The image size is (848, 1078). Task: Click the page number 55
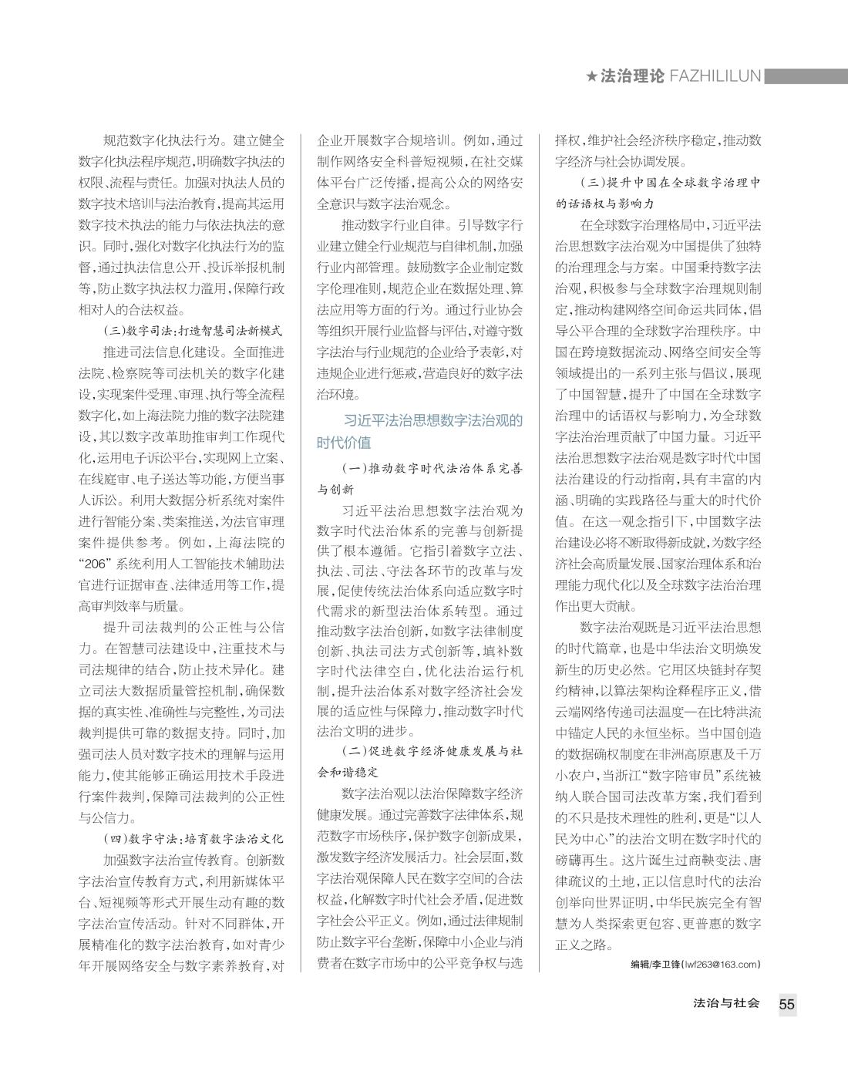786,1004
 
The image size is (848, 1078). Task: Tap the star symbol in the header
591,76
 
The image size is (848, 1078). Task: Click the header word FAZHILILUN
715,76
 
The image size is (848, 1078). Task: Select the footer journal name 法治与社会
726,1003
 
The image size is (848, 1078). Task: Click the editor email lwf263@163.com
722,964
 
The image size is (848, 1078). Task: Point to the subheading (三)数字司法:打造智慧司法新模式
193,331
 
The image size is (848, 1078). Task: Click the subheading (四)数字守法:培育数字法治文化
193,838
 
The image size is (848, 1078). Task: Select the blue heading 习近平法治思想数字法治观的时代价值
420,431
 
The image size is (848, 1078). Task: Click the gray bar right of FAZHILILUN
805,76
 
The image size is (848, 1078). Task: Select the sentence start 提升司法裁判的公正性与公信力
193,627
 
